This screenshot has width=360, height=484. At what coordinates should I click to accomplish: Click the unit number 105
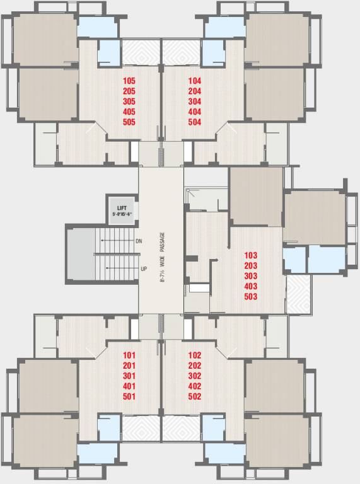click(x=129, y=81)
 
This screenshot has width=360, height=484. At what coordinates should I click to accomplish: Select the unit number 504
click(x=194, y=122)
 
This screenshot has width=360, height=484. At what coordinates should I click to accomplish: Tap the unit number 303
click(x=251, y=276)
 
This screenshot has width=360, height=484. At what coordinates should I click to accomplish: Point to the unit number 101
click(x=130, y=355)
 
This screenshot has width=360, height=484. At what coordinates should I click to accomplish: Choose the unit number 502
click(x=194, y=396)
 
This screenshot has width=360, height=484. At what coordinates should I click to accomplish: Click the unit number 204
click(x=194, y=91)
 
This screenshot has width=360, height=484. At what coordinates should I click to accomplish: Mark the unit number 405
click(x=129, y=112)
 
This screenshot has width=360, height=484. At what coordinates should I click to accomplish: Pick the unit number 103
click(x=251, y=255)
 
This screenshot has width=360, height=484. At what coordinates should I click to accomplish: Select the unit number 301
click(x=130, y=376)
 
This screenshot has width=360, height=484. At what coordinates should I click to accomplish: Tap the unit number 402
click(x=194, y=386)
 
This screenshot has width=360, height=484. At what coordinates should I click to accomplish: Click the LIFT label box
click(x=122, y=210)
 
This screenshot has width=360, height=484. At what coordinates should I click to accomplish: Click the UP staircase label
click(x=144, y=269)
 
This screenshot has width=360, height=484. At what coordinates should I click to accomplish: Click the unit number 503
click(x=251, y=297)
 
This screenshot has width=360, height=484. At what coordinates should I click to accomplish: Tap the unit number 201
click(x=130, y=366)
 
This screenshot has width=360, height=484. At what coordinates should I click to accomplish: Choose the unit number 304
click(x=194, y=101)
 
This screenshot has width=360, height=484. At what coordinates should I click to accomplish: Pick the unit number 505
click(x=129, y=122)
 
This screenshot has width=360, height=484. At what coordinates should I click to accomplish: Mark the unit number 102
click(x=194, y=355)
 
